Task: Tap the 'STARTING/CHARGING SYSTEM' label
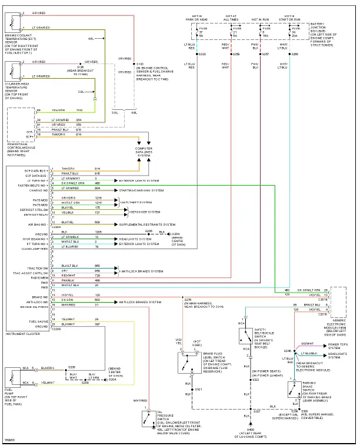click(x=142, y=190)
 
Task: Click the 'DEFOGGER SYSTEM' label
click(x=145, y=212)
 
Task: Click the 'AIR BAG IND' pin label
click(x=37, y=224)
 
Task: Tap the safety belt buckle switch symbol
click(x=244, y=336)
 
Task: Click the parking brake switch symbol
click(x=294, y=390)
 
